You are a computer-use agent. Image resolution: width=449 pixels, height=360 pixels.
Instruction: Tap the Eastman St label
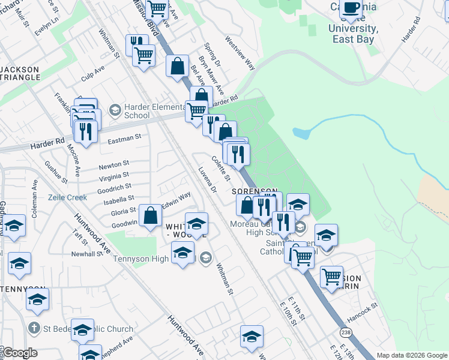pyautogui.click(x=124, y=137)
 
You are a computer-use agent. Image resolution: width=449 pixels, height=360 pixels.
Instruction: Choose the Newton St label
pyautogui.click(x=113, y=164)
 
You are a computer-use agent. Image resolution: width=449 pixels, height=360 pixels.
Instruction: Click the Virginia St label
pyautogui.click(x=113, y=176)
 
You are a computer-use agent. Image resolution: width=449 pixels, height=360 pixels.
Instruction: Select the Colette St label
pyautogui.click(x=221, y=169)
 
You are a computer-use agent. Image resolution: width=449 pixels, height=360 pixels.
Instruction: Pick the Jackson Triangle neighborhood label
pyautogui.click(x=20, y=74)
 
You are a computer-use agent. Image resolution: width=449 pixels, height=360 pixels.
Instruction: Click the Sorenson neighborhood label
pyautogui.click(x=255, y=190)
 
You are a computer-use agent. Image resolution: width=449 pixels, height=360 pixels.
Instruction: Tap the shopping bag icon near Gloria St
pyautogui.click(x=150, y=214)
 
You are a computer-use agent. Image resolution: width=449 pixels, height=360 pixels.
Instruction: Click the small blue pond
pyautogui.click(x=301, y=133)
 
